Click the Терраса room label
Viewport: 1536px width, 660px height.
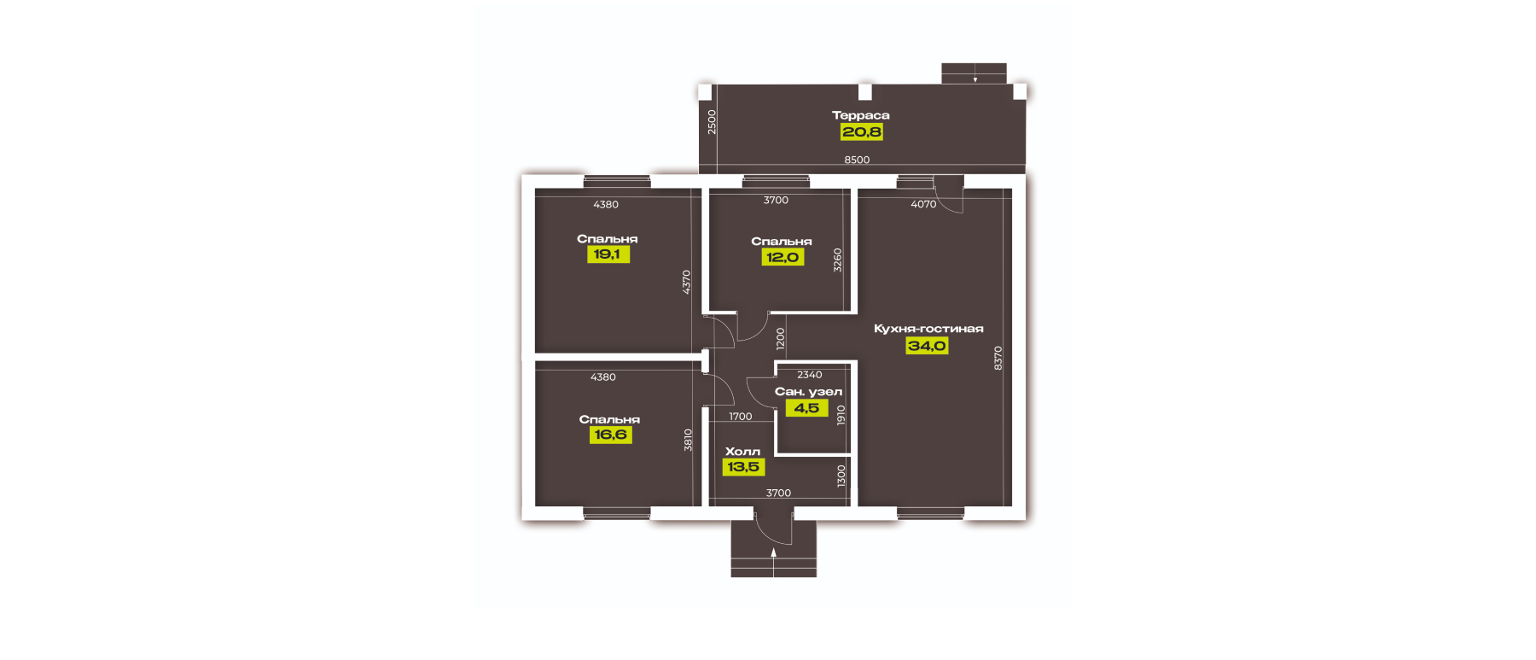point(860,115)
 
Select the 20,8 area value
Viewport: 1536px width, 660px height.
point(862,131)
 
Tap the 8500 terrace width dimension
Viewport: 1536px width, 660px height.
point(857,160)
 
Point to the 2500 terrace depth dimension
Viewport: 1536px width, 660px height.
point(712,122)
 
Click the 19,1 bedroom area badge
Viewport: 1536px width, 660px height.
point(608,254)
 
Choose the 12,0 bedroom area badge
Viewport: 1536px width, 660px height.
point(783,257)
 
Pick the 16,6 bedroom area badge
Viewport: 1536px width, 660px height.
point(610,435)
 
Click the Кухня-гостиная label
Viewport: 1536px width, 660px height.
point(928,329)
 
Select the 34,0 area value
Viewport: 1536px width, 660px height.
point(927,346)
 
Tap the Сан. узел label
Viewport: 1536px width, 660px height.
point(808,392)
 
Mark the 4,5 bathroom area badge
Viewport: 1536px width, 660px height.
point(806,408)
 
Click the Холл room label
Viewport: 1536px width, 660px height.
point(742,452)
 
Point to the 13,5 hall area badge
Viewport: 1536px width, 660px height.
point(743,467)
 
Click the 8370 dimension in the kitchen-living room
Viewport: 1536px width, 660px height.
point(998,358)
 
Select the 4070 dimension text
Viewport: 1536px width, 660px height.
point(923,204)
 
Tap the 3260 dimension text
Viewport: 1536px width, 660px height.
point(837,260)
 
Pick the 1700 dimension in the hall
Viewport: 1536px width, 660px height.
point(741,417)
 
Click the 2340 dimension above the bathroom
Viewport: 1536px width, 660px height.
point(810,375)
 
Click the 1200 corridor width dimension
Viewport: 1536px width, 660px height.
point(780,340)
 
